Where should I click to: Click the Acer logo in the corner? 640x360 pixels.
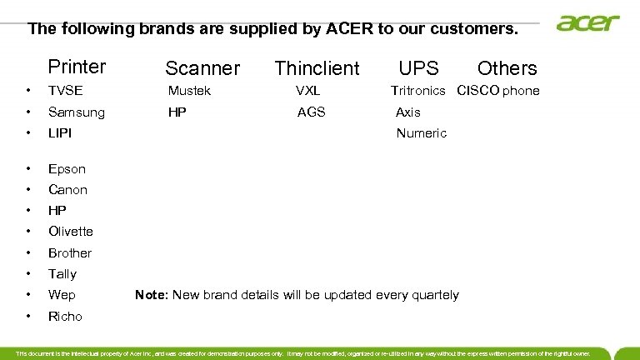point(588,22)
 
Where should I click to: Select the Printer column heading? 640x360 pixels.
point(77,66)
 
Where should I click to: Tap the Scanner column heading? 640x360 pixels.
point(202,68)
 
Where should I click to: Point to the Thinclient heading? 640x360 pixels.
point(317,68)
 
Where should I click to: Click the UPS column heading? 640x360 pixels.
point(418,67)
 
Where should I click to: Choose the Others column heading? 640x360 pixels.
point(507,68)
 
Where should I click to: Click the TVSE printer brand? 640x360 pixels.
point(66,91)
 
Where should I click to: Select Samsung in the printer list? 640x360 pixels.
point(77,112)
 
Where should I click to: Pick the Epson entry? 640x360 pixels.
point(67,168)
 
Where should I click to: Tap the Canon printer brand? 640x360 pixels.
point(67,189)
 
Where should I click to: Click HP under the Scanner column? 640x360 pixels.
point(177,112)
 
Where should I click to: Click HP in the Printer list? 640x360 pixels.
point(57,211)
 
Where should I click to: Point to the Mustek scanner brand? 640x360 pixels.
point(189,91)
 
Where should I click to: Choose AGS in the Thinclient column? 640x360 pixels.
point(311,112)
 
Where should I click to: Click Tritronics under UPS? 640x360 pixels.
point(418,91)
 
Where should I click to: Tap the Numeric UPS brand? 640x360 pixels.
point(421,132)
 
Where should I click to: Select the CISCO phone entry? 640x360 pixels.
point(498,91)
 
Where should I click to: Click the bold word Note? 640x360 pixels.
point(152,295)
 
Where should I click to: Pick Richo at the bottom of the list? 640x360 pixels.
point(65,316)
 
